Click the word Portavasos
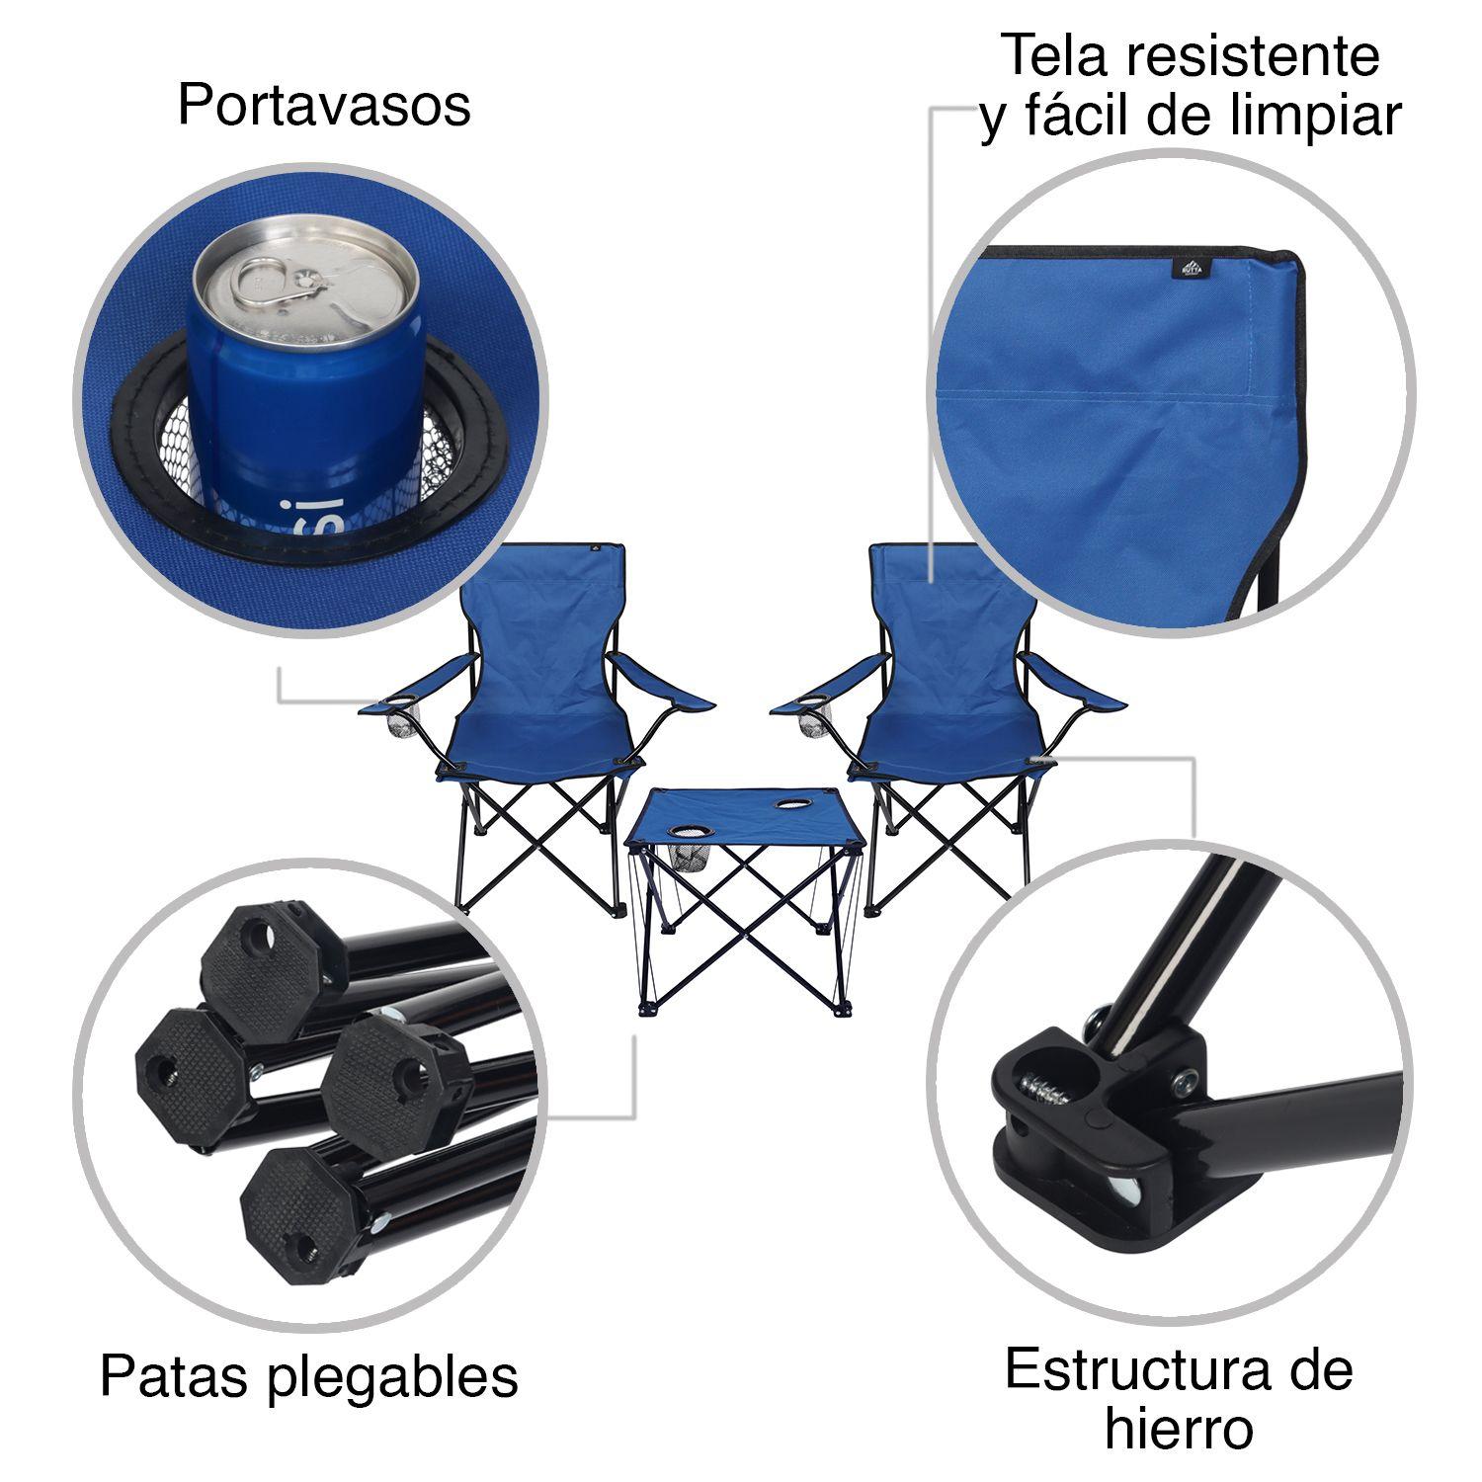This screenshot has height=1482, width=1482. tap(324, 105)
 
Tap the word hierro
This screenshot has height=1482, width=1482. tap(1179, 1431)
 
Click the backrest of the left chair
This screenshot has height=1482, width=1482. tap(548, 622)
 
